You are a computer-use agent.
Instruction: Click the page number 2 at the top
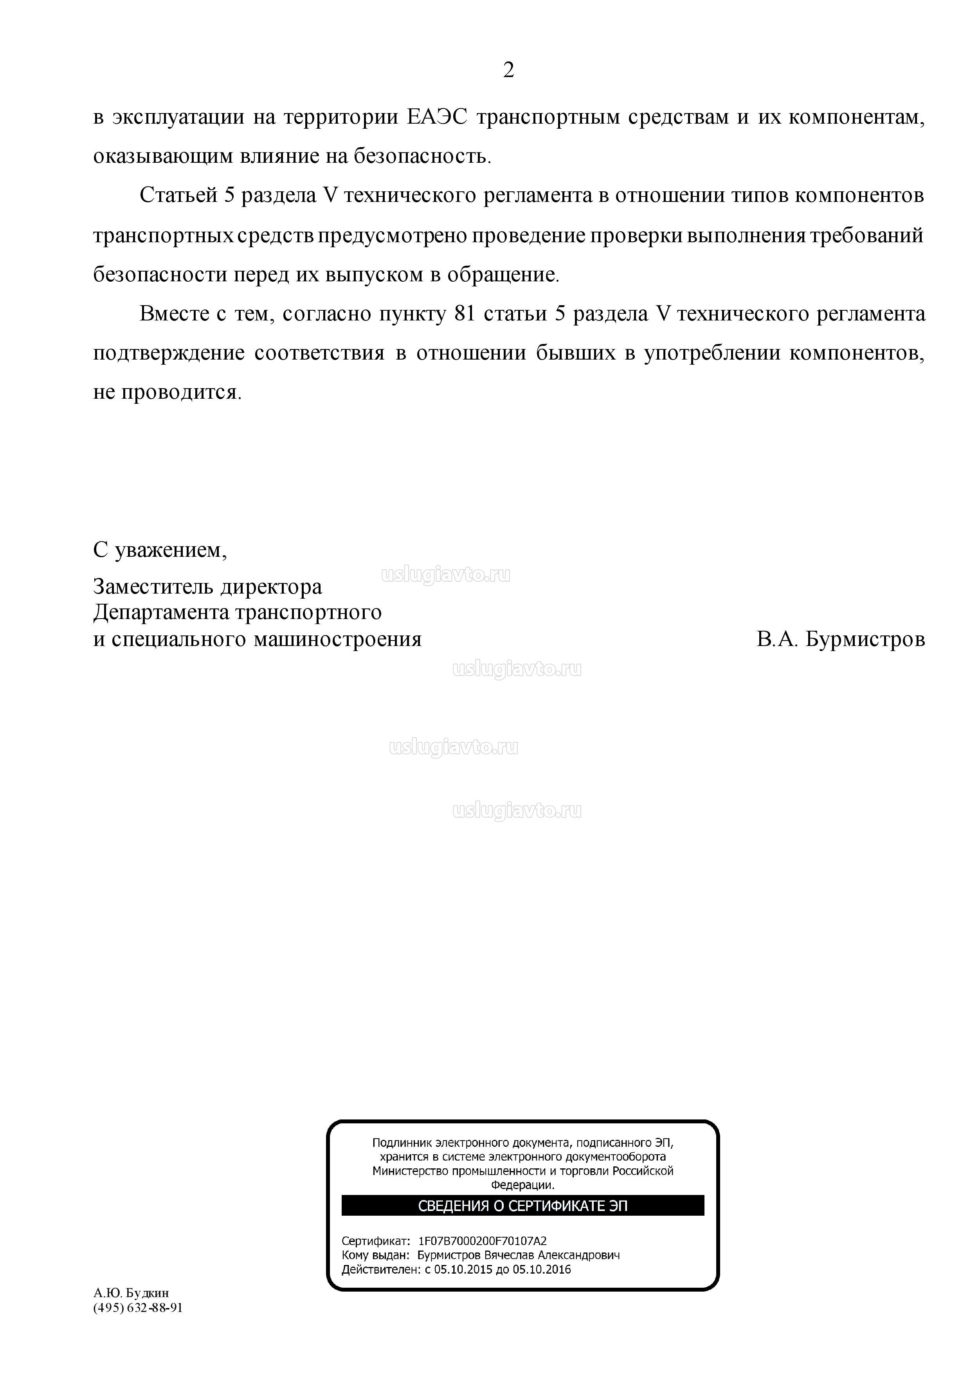tap(508, 70)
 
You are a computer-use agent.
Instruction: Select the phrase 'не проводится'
tap(166, 392)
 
